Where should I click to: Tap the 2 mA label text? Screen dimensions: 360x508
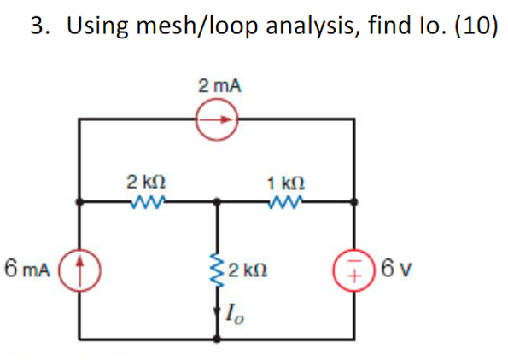point(219,86)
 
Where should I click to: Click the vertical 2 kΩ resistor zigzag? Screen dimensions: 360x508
point(219,271)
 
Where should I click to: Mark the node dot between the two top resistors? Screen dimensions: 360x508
point(219,203)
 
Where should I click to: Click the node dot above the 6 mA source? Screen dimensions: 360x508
point(80,203)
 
